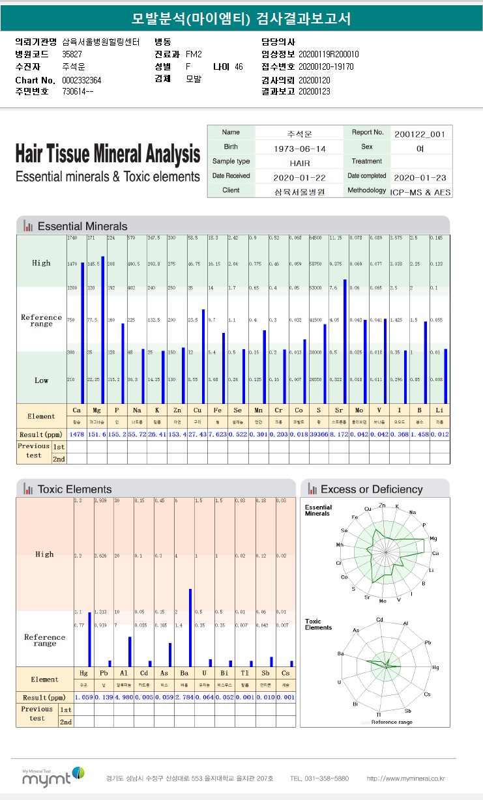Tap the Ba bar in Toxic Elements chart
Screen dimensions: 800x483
[190, 627]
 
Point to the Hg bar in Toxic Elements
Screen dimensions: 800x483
[89, 638]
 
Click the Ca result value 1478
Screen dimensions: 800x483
[76, 434]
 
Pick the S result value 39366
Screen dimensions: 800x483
[319, 434]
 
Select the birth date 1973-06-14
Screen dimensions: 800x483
[300, 149]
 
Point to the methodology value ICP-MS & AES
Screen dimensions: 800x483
[420, 192]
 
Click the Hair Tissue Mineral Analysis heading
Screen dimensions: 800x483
[108, 155]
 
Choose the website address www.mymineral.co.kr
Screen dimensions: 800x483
[405, 778]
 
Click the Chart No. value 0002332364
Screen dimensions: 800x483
[81, 79]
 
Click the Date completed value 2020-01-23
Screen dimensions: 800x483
[419, 177]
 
